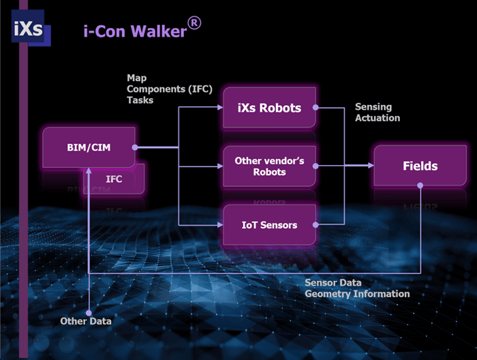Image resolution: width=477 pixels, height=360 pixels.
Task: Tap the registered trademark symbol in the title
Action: click(x=194, y=23)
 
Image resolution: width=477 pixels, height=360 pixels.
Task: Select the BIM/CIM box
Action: click(x=88, y=147)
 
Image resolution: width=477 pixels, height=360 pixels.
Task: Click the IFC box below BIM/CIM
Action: click(x=114, y=179)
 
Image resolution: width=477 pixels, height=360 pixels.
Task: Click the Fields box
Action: click(x=420, y=166)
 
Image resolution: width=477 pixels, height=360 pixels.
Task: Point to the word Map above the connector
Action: click(x=136, y=78)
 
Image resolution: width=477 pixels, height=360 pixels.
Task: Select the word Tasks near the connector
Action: click(x=140, y=100)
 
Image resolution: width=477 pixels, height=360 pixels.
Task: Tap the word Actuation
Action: click(x=378, y=118)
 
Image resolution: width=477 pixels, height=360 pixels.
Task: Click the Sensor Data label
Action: click(x=333, y=282)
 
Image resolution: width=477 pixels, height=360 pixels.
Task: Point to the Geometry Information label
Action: click(x=357, y=294)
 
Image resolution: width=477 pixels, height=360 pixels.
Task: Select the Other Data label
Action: click(x=86, y=320)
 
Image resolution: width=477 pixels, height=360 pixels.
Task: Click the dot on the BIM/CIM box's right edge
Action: click(x=134, y=147)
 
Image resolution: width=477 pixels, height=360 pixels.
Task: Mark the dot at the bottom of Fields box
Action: click(x=420, y=185)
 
